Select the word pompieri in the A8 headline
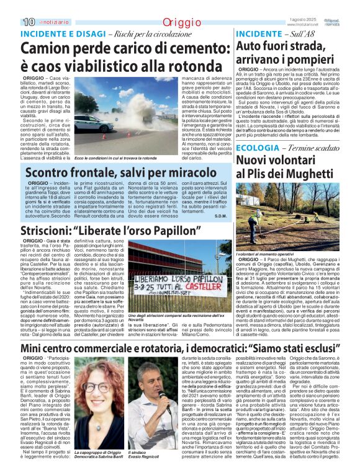315,60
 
